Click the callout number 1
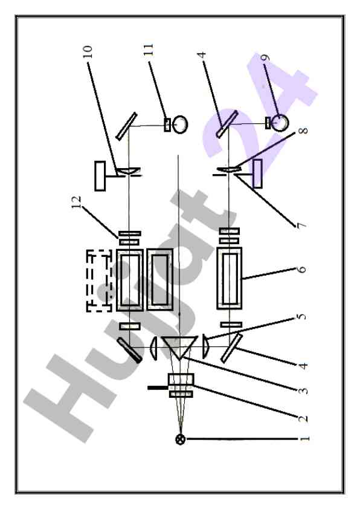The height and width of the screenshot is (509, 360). pyautogui.click(x=304, y=439)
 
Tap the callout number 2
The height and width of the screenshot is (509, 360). pyautogui.click(x=303, y=418)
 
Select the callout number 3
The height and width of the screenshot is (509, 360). pyautogui.click(x=303, y=390)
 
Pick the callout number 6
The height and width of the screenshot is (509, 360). pyautogui.click(x=301, y=269)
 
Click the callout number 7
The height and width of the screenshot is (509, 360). pyautogui.click(x=301, y=225)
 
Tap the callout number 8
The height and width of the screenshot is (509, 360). pyautogui.click(x=303, y=131)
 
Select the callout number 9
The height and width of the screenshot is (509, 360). pyautogui.click(x=265, y=58)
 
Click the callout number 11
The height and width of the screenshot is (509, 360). pyautogui.click(x=148, y=50)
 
